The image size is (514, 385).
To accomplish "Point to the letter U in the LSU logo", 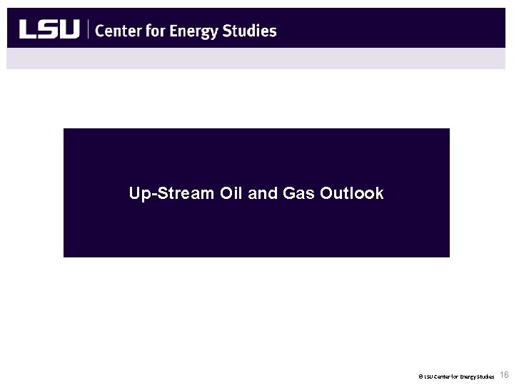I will pos(69,30).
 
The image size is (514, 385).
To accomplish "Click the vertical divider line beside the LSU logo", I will pos(88,30).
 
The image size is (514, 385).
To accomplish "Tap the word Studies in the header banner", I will pos(251,31).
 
